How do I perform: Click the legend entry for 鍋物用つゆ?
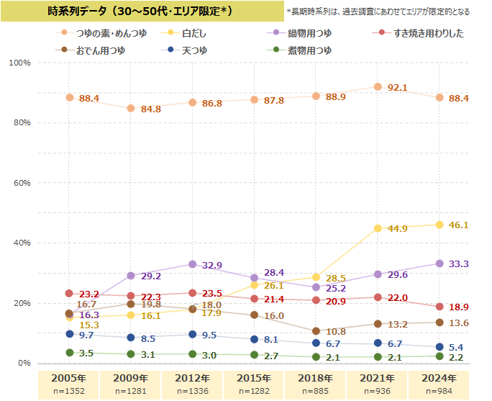(x=309, y=33)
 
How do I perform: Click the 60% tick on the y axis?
(x=19, y=183)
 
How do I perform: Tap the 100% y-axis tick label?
(x=19, y=63)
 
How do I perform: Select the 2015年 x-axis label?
(x=254, y=378)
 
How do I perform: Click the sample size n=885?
(x=316, y=391)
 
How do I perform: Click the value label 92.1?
(x=397, y=88)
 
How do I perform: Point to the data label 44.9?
(x=397, y=229)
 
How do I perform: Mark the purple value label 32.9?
(x=211, y=266)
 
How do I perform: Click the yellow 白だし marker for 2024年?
(x=439, y=225)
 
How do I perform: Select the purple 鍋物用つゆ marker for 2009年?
(x=131, y=276)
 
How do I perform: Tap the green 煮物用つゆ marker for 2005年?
(x=69, y=353)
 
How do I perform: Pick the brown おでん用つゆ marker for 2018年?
(x=316, y=331)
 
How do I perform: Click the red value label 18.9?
(x=458, y=307)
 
